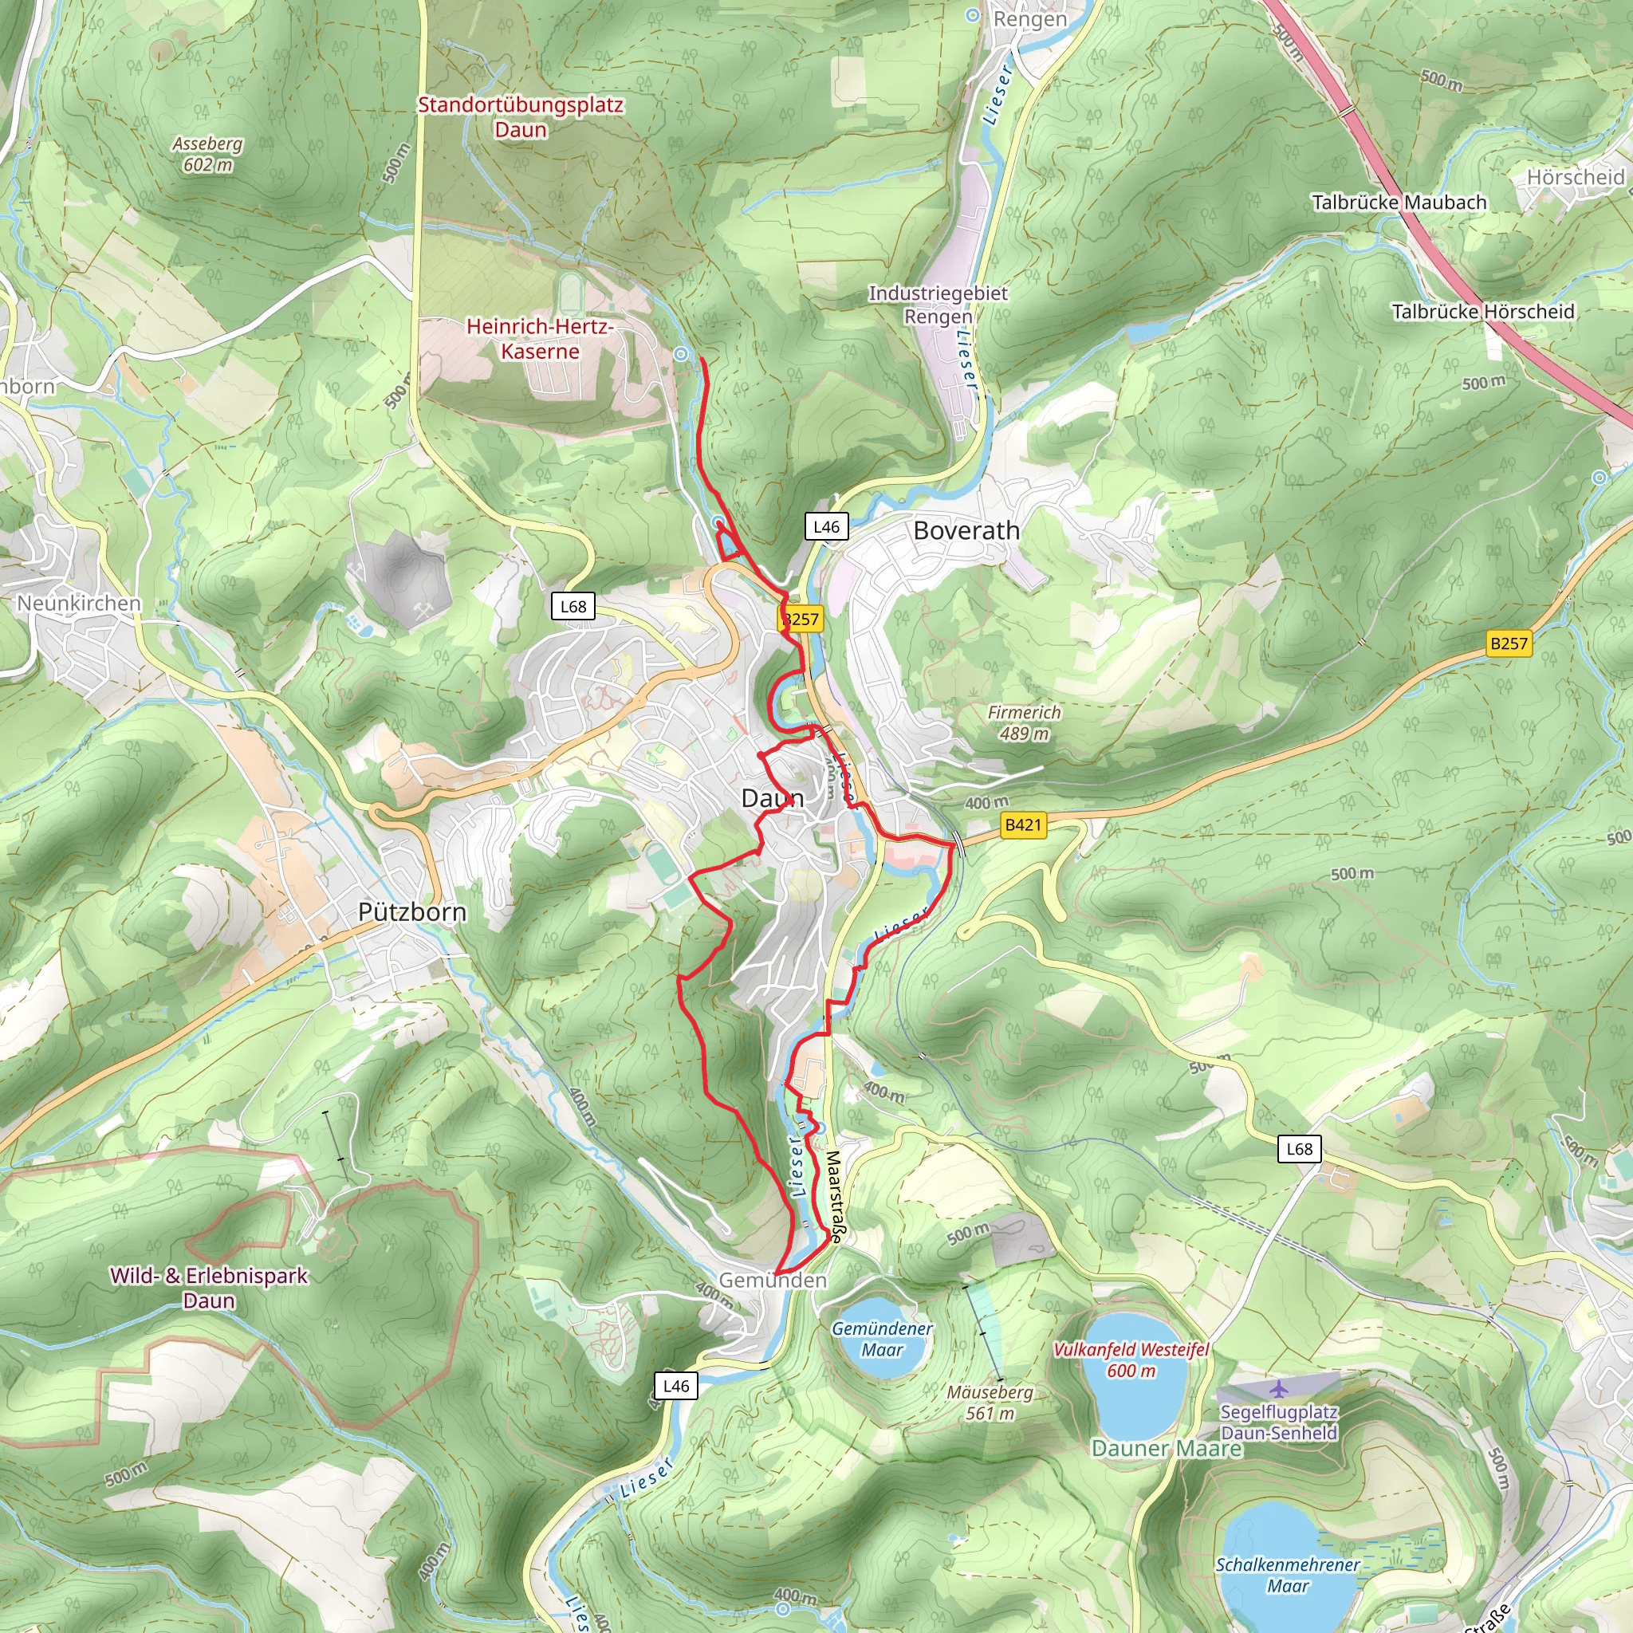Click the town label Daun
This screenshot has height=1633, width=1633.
[x=772, y=798]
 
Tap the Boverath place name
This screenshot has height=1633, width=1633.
[x=966, y=531]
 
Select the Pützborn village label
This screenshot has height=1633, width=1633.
[x=411, y=912]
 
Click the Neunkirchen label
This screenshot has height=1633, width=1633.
[x=79, y=604]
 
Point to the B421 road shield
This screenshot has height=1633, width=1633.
[x=1023, y=825]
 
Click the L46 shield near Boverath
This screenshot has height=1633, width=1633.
[x=826, y=527]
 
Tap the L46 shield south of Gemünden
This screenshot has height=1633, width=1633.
[x=675, y=1385]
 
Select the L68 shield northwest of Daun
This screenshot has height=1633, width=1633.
[x=573, y=606]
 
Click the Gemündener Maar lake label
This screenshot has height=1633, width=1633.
[x=883, y=1339]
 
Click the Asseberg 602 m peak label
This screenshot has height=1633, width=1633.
[x=207, y=154]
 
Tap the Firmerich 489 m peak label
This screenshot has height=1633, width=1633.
[x=1024, y=722]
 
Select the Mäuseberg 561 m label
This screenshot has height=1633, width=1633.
[x=990, y=1403]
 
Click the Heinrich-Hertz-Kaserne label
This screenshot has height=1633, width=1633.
[x=539, y=339]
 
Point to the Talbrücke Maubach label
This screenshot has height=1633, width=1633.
[x=1399, y=203]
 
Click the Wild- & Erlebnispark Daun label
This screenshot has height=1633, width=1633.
[x=209, y=1287]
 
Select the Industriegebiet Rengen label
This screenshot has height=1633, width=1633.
[x=938, y=305]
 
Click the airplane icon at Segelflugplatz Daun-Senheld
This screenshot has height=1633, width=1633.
[x=1279, y=1388]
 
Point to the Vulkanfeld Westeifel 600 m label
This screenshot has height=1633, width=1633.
[x=1131, y=1360]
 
